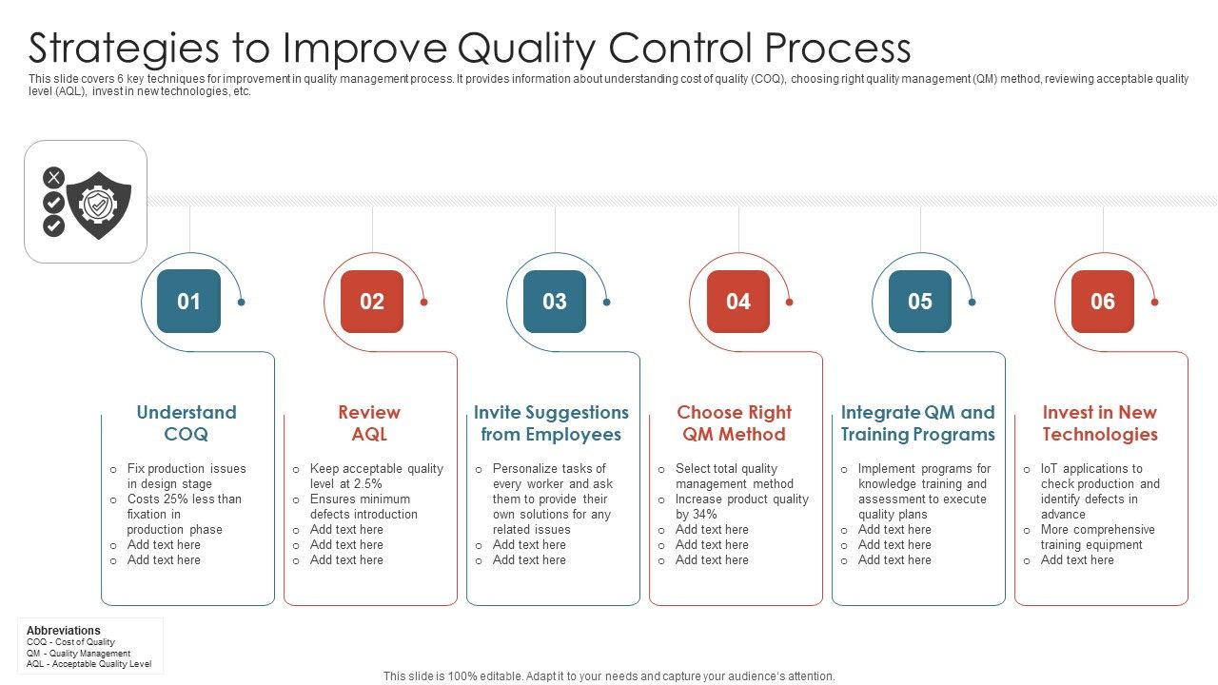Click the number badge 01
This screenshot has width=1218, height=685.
point(188,302)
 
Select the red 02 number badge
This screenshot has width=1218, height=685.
point(371,302)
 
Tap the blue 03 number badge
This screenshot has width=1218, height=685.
point(554,302)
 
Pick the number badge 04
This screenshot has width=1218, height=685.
point(737,302)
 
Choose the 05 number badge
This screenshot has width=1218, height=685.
point(919,302)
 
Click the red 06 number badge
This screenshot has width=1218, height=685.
point(1102,302)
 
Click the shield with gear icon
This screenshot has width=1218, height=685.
point(99,204)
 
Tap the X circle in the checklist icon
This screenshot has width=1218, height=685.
point(54,177)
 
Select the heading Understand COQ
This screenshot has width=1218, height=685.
point(187,423)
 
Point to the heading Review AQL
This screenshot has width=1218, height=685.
point(369,423)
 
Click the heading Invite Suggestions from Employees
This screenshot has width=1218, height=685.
point(551,423)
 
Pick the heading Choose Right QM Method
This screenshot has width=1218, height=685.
point(734,423)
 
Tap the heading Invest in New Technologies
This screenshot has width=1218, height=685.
point(1099,423)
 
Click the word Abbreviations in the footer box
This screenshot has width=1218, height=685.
point(63,631)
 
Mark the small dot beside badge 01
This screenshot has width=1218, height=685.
point(242,302)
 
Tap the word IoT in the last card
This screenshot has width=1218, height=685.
point(1050,469)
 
